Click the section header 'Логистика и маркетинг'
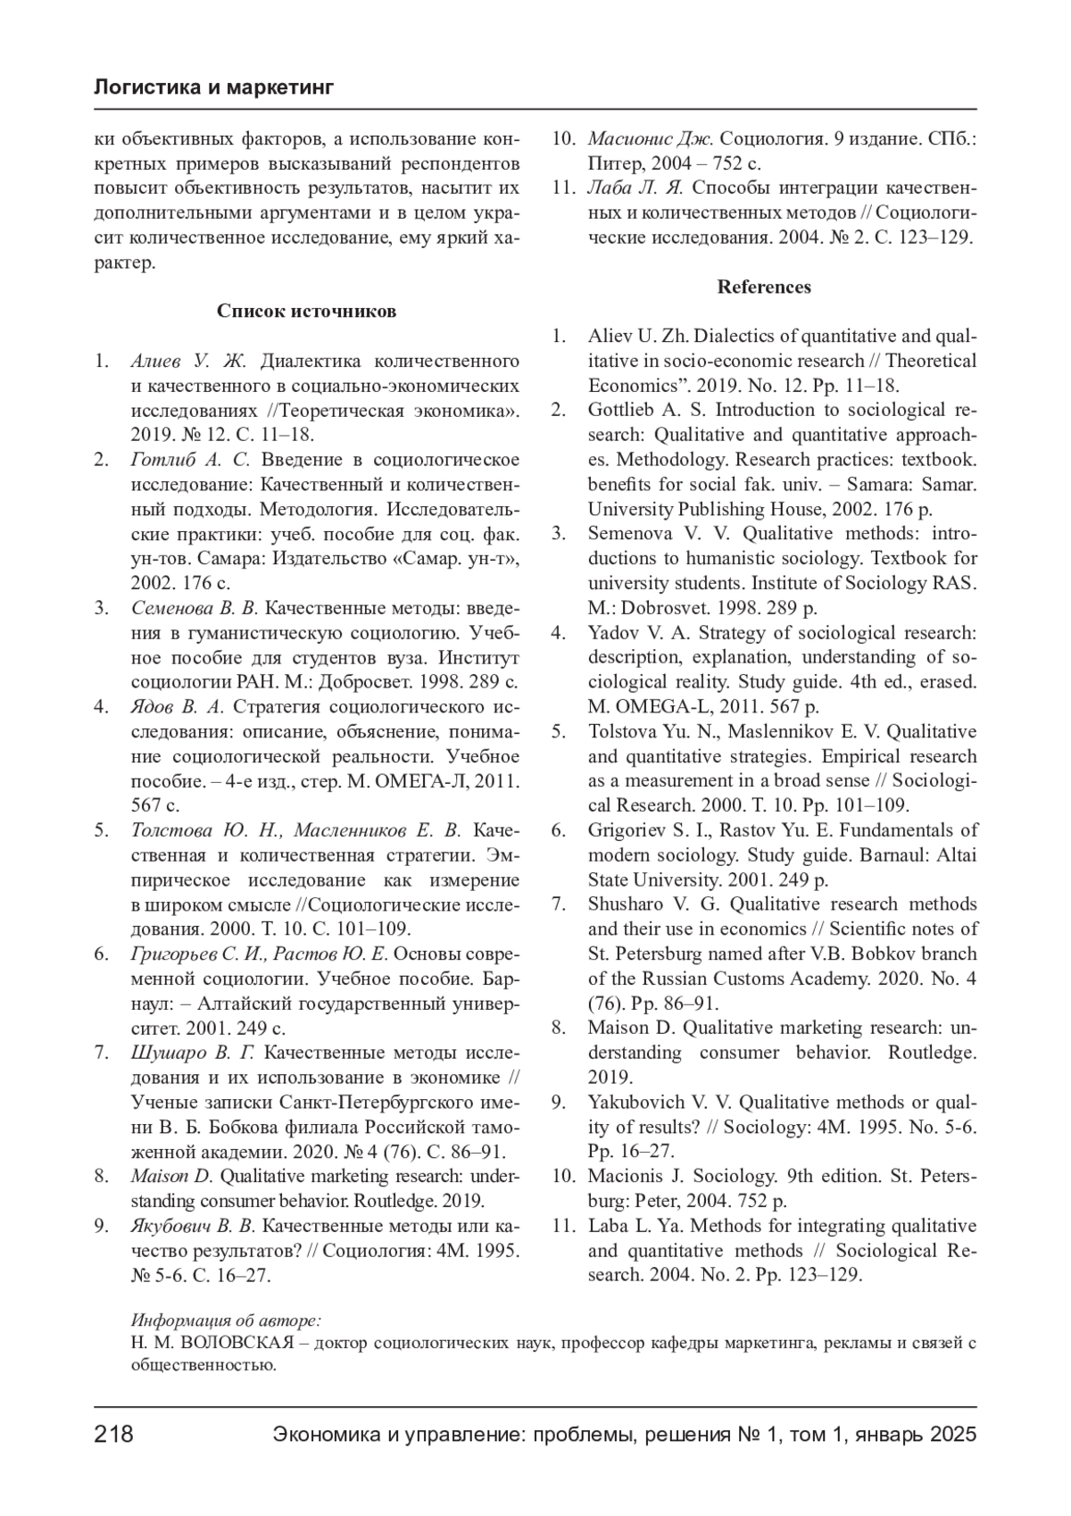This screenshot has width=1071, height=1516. (x=213, y=87)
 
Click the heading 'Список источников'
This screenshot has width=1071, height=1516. (x=306, y=312)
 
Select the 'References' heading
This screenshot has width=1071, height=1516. (x=764, y=287)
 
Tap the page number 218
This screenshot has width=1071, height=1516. (x=113, y=1435)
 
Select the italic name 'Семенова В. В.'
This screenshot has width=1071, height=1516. (x=194, y=608)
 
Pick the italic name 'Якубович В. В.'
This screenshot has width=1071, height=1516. (x=193, y=1226)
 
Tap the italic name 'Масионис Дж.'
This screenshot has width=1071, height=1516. (x=650, y=139)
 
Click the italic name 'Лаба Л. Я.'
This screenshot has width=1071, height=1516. (x=635, y=188)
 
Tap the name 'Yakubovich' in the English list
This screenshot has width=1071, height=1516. (x=634, y=1102)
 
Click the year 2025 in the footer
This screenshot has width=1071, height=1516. (x=953, y=1435)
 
